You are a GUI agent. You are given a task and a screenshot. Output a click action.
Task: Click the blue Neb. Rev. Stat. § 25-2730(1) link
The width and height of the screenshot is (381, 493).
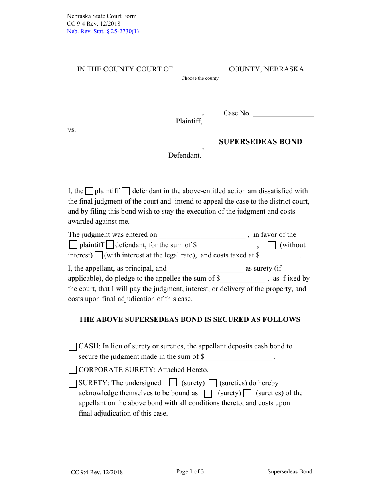103,31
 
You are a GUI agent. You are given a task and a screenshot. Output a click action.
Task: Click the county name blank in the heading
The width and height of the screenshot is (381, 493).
201,69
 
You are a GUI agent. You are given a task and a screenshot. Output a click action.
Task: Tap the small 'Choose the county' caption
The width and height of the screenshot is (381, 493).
200,78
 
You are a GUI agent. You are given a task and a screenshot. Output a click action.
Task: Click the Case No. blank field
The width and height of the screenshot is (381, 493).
283,113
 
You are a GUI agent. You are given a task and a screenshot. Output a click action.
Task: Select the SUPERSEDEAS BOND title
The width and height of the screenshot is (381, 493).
260,141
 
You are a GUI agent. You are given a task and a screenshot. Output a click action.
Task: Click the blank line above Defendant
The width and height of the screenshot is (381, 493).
135,147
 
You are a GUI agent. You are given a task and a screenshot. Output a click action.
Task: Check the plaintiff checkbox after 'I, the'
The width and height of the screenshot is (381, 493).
89,191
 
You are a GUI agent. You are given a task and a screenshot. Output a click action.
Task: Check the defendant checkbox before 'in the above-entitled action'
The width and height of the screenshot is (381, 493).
126,191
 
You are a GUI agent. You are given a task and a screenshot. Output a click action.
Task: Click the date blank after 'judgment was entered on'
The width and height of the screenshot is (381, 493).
202,235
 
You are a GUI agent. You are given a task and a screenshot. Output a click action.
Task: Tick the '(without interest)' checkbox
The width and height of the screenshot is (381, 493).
272,245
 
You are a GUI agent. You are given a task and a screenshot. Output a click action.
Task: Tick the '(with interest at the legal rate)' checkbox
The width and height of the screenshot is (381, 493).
99,255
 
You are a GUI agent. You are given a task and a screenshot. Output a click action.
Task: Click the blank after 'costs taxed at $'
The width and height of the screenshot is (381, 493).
278,256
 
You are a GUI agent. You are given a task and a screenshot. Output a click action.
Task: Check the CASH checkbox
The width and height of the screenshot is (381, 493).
73,347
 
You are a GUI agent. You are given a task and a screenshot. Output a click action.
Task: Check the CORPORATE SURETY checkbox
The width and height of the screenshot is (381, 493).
73,370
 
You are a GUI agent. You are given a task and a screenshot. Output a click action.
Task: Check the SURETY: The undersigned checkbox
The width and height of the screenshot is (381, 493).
73,384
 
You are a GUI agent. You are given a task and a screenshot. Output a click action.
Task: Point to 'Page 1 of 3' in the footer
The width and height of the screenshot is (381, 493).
190,471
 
